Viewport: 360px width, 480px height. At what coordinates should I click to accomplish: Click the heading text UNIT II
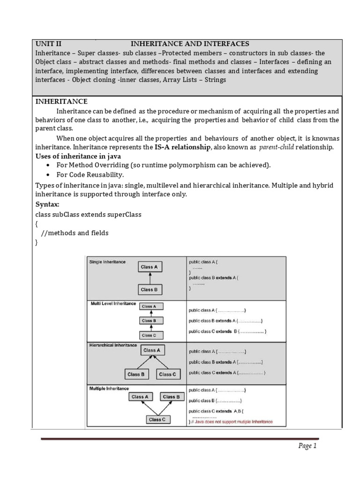[x=48, y=44]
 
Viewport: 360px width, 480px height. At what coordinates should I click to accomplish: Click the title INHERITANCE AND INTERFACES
[x=190, y=44]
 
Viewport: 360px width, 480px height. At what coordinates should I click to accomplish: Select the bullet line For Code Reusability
[x=90, y=175]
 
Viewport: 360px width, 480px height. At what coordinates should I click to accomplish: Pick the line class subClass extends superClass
[x=89, y=214]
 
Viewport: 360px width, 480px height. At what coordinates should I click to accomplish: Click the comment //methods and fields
[x=75, y=233]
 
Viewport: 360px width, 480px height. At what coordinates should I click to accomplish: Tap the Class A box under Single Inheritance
[x=150, y=267]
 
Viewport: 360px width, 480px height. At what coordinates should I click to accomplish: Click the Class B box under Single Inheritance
[x=150, y=290]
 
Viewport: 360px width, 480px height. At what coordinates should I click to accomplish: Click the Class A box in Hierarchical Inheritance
[x=151, y=350]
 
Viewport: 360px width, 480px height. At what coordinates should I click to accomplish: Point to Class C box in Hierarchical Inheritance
[x=167, y=374]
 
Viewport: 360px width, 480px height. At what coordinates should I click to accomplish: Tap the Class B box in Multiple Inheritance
[x=171, y=397]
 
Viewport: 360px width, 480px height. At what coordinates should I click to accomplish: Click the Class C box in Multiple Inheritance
[x=157, y=420]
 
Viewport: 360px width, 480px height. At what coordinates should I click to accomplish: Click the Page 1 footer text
[x=308, y=446]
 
